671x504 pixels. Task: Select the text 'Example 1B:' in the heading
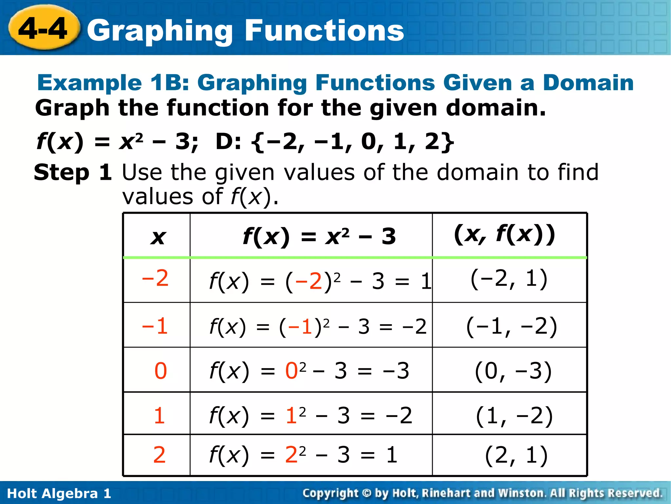pyautogui.click(x=113, y=83)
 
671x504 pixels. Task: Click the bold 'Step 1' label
pyautogui.click(x=73, y=173)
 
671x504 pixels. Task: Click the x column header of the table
pyautogui.click(x=158, y=236)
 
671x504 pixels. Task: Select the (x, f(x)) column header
pyautogui.click(x=505, y=234)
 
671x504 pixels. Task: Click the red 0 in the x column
pyautogui.click(x=160, y=371)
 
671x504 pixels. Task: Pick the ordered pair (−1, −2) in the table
pyautogui.click(x=511, y=326)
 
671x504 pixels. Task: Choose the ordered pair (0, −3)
pyautogui.click(x=513, y=371)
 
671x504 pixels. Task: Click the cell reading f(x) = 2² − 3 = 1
pyautogui.click(x=303, y=455)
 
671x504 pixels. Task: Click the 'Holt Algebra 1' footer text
pyautogui.click(x=59, y=493)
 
